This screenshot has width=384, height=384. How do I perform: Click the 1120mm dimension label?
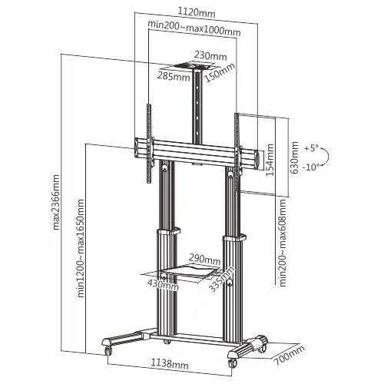click(x=197, y=12)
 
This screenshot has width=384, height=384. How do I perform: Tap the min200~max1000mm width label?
click(x=194, y=28)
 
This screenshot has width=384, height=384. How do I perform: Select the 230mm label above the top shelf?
click(x=210, y=56)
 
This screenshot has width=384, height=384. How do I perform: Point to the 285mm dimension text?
click(x=174, y=76)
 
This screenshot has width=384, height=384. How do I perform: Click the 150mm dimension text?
click(x=220, y=72)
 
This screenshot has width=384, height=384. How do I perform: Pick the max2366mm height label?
click(x=56, y=202)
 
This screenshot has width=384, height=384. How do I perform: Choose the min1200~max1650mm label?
click(x=81, y=248)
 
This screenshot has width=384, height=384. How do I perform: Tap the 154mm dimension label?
click(x=270, y=160)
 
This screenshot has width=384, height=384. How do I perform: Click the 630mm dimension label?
click(x=294, y=157)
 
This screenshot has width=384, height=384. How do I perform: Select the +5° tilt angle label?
click(x=312, y=148)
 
